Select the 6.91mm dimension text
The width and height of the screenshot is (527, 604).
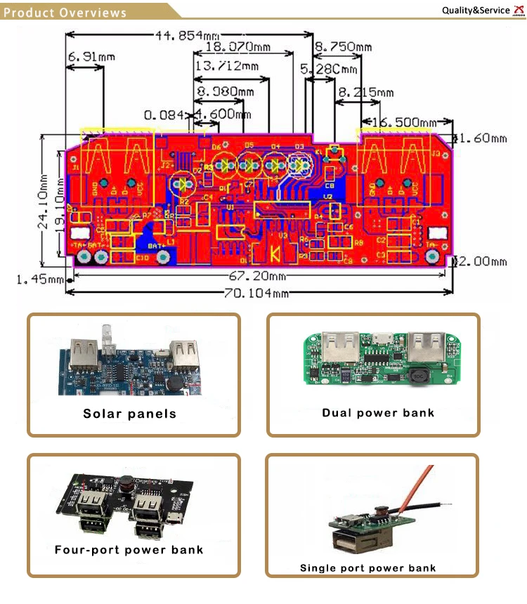[91, 56]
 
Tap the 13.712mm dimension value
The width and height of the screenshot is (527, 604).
[226, 66]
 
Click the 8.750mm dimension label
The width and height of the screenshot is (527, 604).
[343, 47]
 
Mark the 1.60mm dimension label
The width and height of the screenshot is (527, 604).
[484, 138]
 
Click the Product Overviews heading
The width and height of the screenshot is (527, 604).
[65, 13]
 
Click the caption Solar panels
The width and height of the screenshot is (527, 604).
[130, 414]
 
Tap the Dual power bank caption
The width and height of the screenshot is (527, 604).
[378, 412]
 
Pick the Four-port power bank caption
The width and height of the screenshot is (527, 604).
[129, 549]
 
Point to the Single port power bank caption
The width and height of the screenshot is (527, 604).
[367, 567]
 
